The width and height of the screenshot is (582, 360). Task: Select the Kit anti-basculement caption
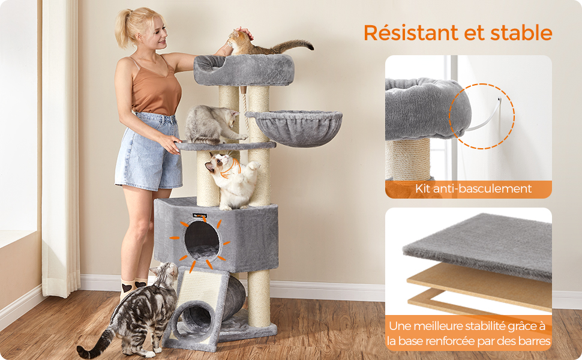point(473,188)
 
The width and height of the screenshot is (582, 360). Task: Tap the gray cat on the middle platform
point(212,125)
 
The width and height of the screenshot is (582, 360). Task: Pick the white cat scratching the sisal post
point(233,181)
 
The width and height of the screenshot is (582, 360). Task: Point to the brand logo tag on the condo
point(200,215)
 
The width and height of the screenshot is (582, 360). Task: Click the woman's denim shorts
point(148,152)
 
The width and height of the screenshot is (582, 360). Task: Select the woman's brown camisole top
point(155,87)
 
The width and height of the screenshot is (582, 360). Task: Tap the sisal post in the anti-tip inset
point(408,160)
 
